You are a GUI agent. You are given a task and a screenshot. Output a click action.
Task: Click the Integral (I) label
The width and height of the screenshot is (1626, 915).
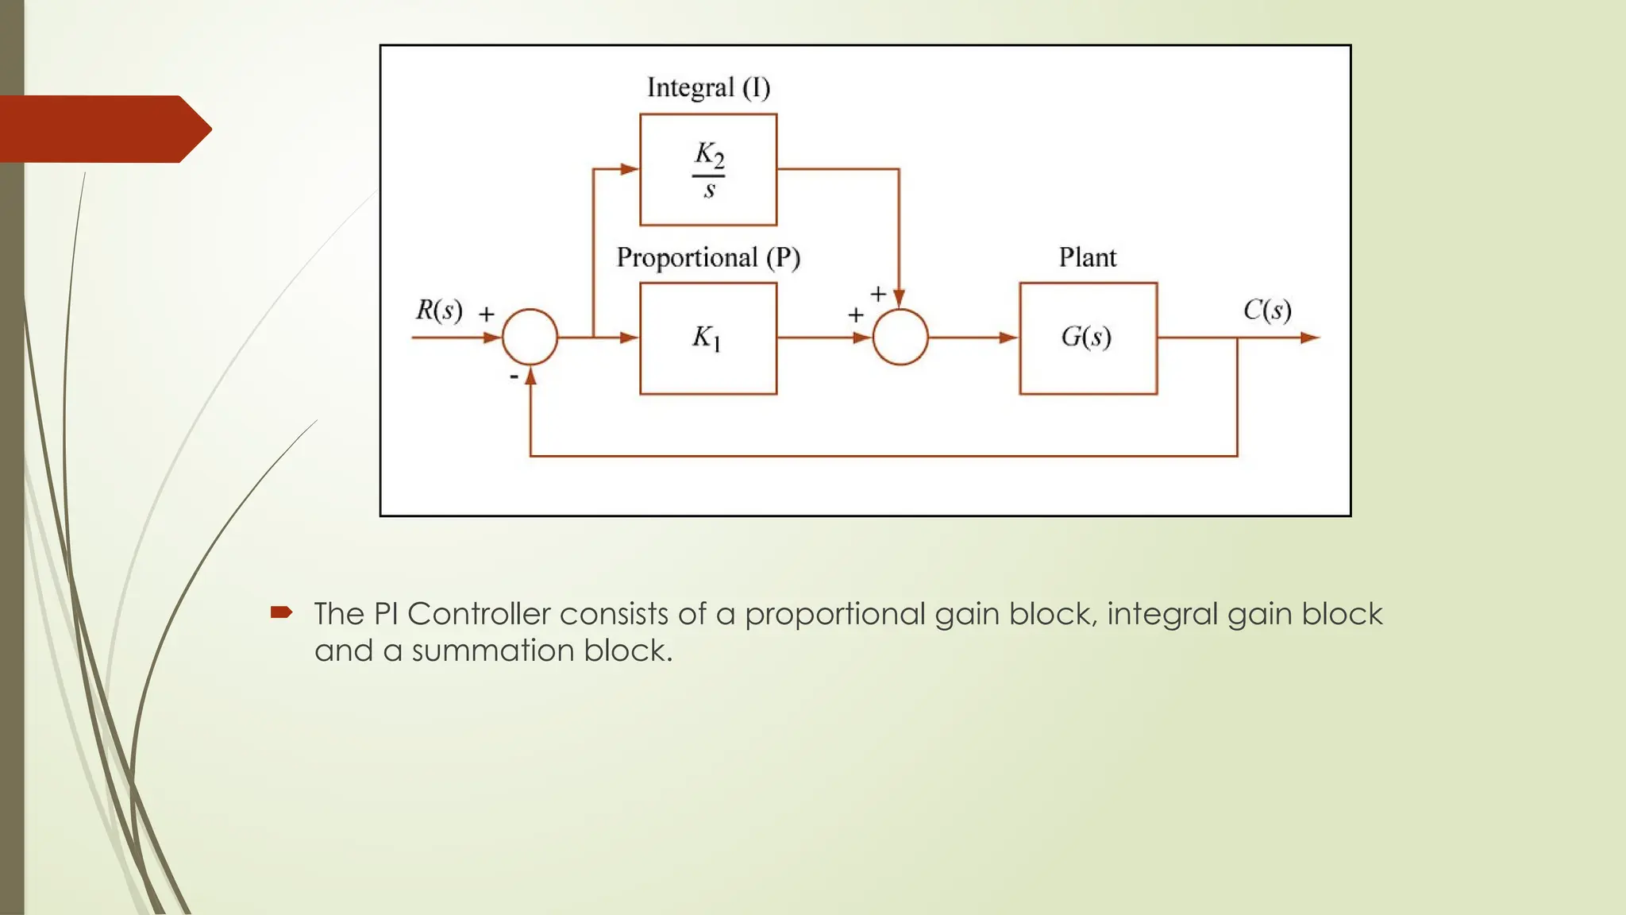[x=708, y=87]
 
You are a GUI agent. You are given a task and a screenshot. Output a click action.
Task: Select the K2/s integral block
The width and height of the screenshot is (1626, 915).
[x=708, y=170]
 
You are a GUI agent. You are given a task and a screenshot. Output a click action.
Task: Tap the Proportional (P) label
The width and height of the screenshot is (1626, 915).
[x=708, y=257]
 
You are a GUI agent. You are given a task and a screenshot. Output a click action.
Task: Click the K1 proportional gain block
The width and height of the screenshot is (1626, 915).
[x=708, y=338]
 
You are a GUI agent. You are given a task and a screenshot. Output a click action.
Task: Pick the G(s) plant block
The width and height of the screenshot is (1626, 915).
[x=1088, y=338]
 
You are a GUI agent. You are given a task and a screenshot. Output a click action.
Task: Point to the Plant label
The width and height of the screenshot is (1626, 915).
[x=1087, y=257]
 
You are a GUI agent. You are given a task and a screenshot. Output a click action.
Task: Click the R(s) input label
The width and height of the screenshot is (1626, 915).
[x=439, y=310]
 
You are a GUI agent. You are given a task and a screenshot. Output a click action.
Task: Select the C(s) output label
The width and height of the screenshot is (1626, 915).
[x=1267, y=310]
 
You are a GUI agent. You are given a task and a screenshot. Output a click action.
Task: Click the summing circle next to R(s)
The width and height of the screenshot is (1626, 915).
[x=530, y=338]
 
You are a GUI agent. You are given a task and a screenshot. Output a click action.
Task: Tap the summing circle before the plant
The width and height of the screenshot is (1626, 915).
[x=900, y=338]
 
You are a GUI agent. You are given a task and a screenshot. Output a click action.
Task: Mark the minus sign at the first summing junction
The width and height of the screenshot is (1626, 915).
[x=514, y=376]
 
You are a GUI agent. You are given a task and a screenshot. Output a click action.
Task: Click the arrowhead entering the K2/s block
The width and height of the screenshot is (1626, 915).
[x=630, y=169]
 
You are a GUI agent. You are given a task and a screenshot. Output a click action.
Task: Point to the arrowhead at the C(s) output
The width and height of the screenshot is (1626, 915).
[x=1309, y=338]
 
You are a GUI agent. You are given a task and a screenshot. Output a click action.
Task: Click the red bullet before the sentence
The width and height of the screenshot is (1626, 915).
[x=281, y=612]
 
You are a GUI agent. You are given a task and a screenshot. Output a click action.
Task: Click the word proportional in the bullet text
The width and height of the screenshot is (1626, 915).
[x=835, y=615]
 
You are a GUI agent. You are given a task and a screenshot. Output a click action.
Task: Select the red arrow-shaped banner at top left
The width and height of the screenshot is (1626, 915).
[x=103, y=129]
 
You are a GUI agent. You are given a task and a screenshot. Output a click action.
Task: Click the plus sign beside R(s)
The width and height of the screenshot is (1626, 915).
[x=487, y=315]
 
